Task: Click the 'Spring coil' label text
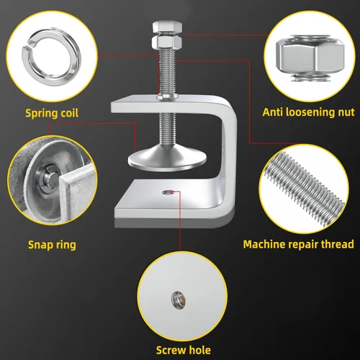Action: pos(52,113)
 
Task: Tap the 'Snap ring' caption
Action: pos(52,245)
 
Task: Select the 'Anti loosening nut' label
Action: pos(308,112)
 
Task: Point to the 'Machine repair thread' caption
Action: pos(298,244)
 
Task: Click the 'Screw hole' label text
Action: pos(184,350)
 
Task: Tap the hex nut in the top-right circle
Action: pos(310,58)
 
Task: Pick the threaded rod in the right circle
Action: pos(305,189)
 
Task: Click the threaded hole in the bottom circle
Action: pos(179,300)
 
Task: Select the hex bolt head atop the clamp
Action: pos(167,27)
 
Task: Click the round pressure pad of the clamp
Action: pos(167,158)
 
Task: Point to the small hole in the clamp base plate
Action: pos(168,192)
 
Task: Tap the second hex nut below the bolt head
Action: pos(167,41)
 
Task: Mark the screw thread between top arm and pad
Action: pos(166,129)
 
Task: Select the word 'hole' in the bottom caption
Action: pos(199,350)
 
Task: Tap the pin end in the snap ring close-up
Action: pos(53,178)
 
